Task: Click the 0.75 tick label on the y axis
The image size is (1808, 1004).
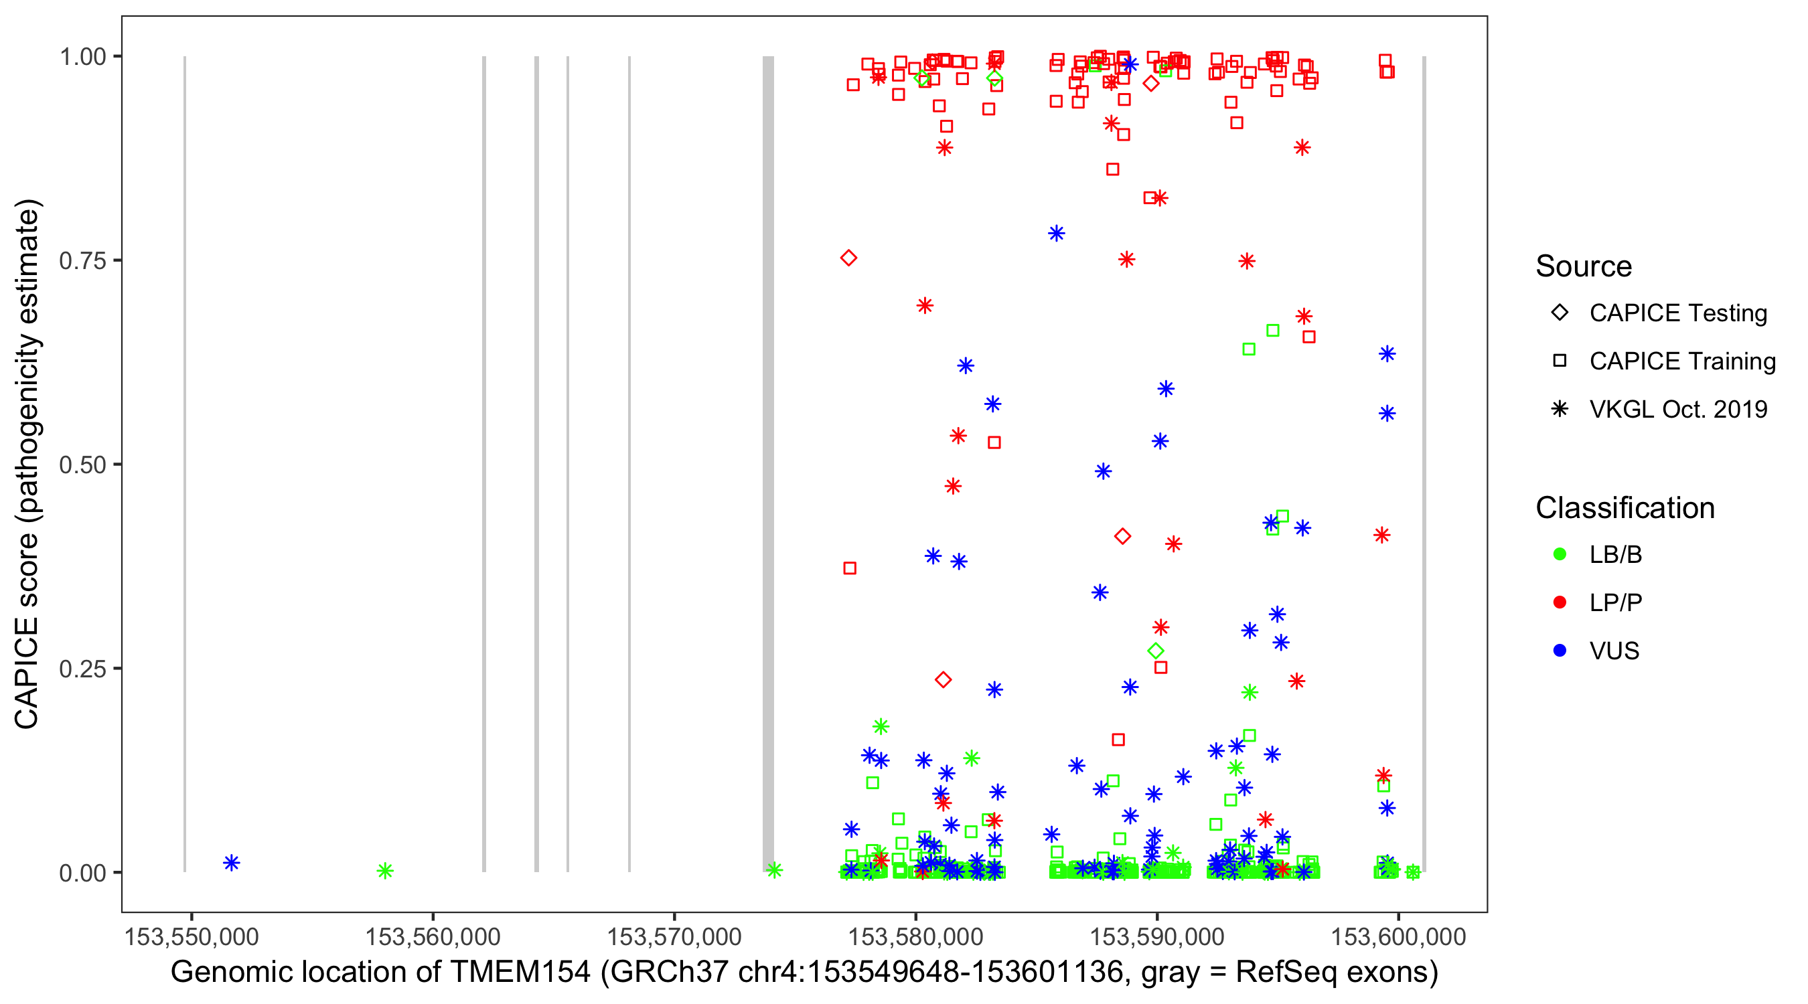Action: (82, 261)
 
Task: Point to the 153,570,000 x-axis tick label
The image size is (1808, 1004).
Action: (674, 936)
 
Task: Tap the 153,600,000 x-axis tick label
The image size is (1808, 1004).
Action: (1398, 936)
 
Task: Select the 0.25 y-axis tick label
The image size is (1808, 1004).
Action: (82, 669)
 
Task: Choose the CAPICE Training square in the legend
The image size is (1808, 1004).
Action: (1560, 361)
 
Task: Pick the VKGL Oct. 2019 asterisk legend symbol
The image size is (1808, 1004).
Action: (1560, 409)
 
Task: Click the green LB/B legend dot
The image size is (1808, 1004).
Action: (1560, 554)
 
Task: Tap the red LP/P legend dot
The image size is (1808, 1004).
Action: (1560, 602)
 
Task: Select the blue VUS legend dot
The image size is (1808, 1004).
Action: (1560, 651)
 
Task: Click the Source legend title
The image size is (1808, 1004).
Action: (1584, 266)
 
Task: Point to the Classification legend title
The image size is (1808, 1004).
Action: (1625, 508)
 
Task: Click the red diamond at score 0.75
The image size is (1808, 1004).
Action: (848, 258)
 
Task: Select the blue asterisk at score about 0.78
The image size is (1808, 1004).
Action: (1056, 234)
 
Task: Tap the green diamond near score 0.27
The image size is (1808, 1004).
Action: (1156, 651)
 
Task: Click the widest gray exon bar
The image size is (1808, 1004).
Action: (769, 463)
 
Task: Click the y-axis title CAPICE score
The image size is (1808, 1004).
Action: (27, 464)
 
